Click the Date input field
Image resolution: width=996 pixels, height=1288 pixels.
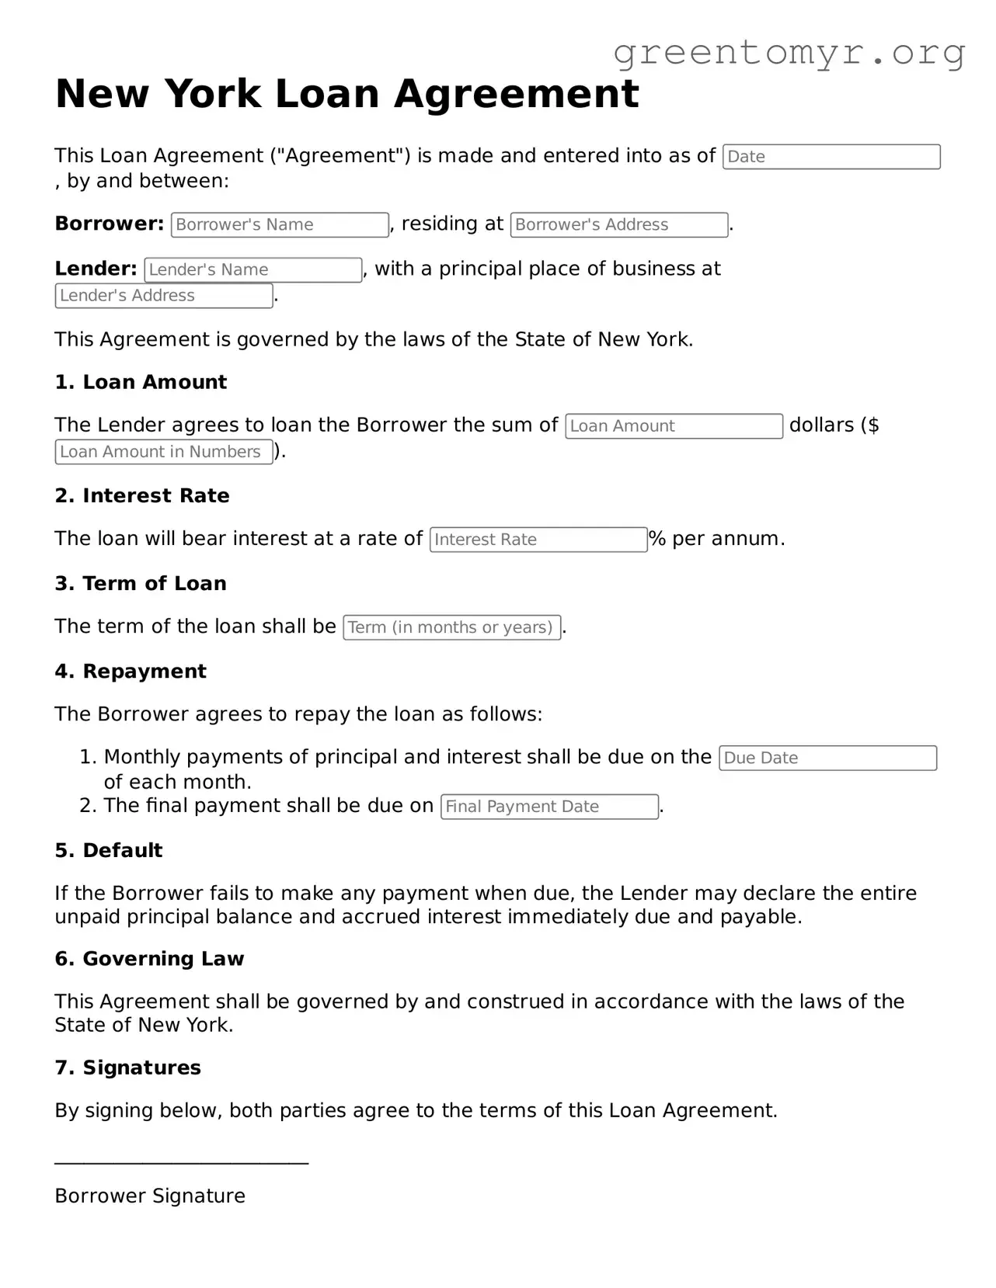click(831, 157)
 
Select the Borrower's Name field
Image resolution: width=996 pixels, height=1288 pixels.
click(280, 225)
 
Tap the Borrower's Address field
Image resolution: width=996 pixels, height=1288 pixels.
click(618, 225)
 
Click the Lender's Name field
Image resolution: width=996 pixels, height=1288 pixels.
click(252, 270)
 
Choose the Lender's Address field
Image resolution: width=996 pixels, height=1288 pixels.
click(163, 296)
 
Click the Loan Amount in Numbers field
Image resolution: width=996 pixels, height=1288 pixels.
click(163, 452)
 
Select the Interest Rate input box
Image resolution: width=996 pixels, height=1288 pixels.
click(538, 540)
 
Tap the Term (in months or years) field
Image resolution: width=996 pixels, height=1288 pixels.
click(451, 627)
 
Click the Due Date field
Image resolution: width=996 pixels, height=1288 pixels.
click(827, 759)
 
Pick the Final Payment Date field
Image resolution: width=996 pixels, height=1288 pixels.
click(548, 807)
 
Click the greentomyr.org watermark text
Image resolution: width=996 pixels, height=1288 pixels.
click(789, 53)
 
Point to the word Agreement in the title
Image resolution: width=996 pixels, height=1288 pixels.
click(516, 94)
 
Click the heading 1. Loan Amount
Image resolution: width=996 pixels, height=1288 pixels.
click(141, 382)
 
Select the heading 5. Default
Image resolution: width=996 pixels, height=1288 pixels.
click(109, 850)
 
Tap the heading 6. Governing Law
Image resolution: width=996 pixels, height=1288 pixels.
click(149, 959)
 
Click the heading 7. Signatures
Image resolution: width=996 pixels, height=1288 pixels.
click(127, 1068)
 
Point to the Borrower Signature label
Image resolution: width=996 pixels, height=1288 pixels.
click(150, 1196)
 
